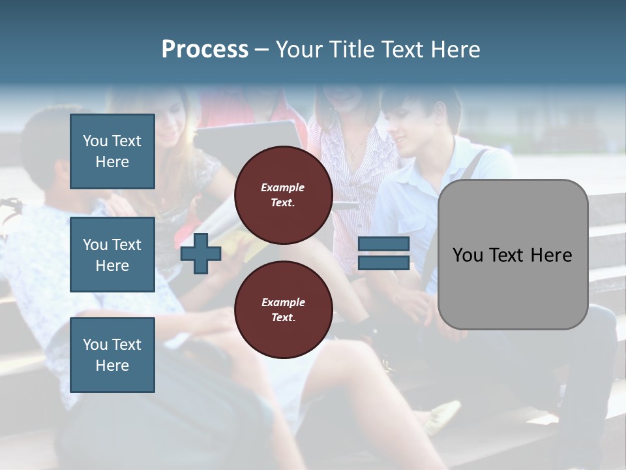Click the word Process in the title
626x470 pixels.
(205, 50)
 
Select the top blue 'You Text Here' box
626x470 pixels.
(112, 151)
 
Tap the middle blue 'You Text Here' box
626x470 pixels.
(112, 255)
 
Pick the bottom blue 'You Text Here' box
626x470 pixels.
(112, 355)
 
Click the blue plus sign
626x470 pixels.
(201, 253)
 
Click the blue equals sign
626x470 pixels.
(383, 253)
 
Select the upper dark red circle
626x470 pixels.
(283, 195)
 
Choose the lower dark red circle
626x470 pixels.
(283, 310)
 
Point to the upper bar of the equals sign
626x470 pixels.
(383, 244)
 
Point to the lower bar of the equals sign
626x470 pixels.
(383, 262)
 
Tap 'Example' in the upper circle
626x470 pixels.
(282, 187)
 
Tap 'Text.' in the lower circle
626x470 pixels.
(283, 317)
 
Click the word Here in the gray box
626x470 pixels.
(550, 255)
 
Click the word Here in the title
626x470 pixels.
(454, 50)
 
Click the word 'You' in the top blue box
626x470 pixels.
(95, 141)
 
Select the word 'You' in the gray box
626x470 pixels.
(468, 255)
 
